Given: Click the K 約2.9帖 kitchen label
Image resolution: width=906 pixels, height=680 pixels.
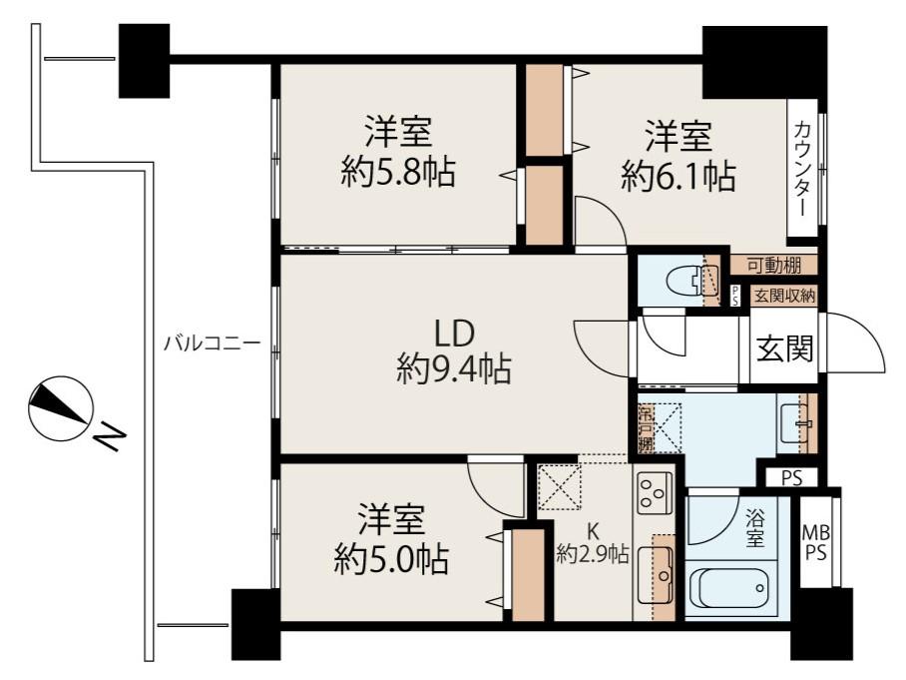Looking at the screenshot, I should point(592,544).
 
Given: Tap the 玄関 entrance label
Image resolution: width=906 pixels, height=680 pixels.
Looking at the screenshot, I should point(784,348).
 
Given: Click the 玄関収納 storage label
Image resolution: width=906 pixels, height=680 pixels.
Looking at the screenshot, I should point(784,296).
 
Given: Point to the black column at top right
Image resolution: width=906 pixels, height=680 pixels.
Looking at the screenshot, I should point(763,61).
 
